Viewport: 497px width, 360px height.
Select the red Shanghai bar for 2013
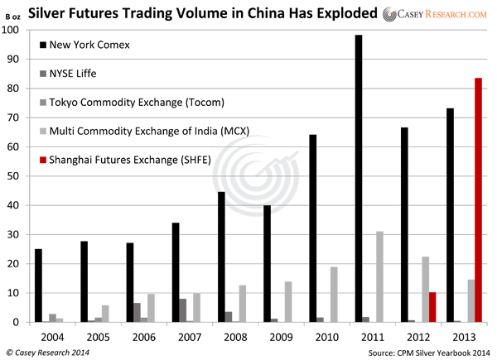[x=478, y=199]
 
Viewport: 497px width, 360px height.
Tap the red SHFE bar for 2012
[x=432, y=307]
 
